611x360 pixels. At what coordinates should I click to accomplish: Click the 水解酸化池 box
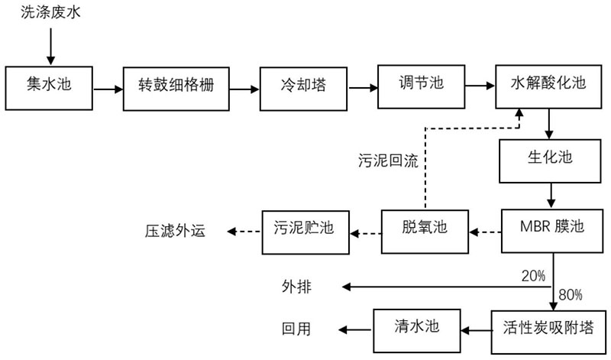[548, 85]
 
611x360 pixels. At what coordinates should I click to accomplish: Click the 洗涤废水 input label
[48, 15]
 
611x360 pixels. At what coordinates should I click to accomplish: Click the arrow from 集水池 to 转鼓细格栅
[108, 89]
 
